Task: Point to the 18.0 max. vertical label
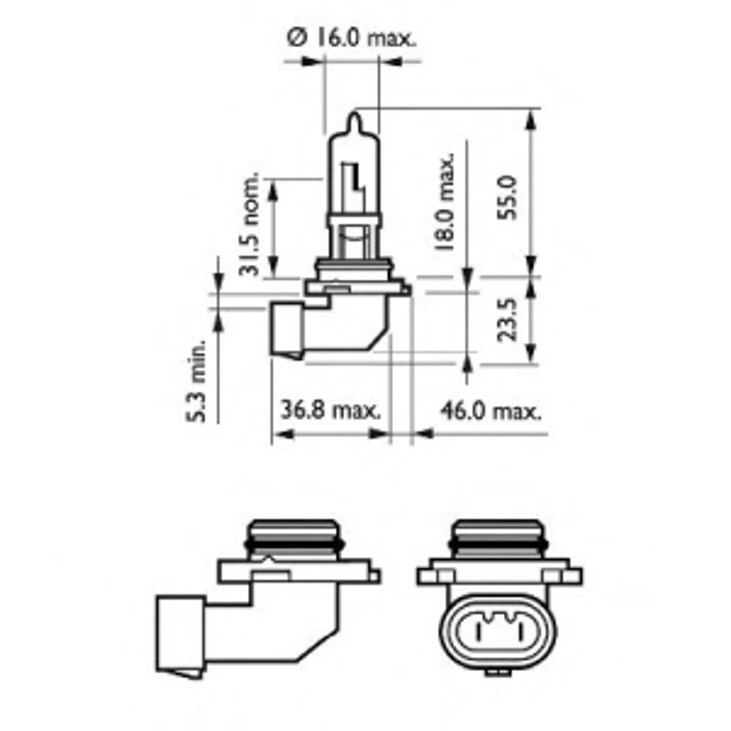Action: click(x=445, y=202)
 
